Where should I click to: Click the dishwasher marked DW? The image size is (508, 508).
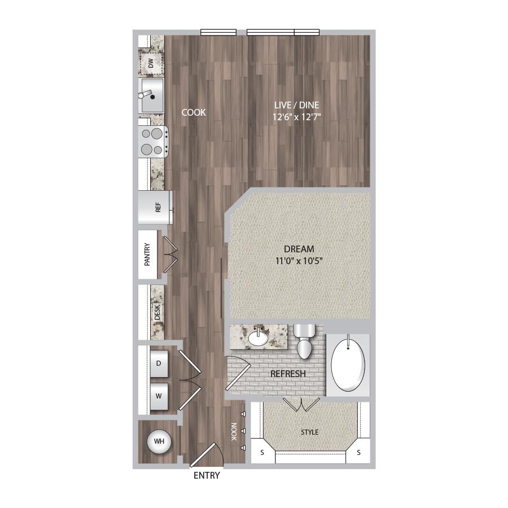(151, 63)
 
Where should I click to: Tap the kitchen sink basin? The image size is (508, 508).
(151, 95)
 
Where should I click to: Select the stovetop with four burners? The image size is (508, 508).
(153, 142)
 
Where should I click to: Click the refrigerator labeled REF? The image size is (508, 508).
(155, 207)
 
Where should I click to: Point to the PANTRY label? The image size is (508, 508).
(147, 255)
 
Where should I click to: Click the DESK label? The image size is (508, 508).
(157, 312)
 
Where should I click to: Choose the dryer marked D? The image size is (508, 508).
(159, 364)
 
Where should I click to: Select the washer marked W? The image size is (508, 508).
(159, 396)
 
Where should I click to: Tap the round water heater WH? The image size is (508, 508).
(159, 441)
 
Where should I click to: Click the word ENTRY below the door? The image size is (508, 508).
(207, 475)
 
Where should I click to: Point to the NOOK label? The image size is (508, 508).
(234, 432)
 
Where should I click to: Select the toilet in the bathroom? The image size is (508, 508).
(304, 341)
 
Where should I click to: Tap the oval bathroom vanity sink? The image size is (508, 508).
(258, 339)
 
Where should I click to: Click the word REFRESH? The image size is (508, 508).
(288, 374)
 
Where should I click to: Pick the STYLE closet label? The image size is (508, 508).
(310, 432)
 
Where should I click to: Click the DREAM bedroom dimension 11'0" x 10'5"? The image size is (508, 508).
(299, 260)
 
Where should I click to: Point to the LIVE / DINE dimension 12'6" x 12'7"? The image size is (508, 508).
(297, 117)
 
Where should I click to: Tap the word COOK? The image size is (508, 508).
(194, 112)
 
